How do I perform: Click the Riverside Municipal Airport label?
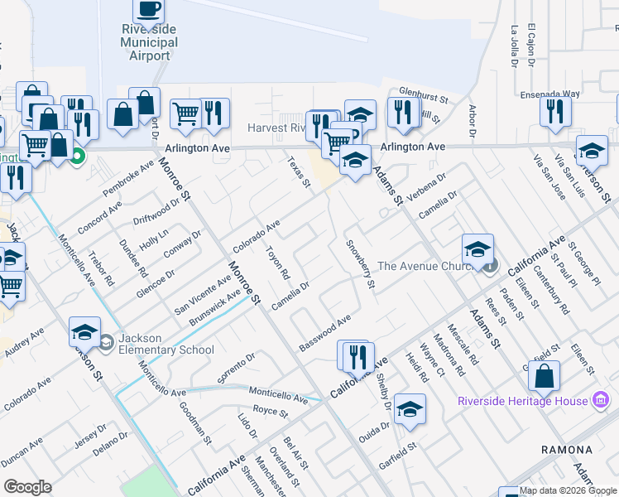click(150, 42)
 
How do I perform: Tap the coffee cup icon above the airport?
click(149, 9)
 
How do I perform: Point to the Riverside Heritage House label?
click(523, 402)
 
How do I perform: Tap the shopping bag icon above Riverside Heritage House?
click(545, 377)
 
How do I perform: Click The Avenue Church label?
click(425, 266)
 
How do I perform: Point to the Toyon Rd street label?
click(277, 262)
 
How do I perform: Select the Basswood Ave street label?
click(326, 332)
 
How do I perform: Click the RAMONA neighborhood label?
click(566, 449)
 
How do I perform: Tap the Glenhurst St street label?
click(423, 97)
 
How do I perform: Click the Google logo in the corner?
click(27, 487)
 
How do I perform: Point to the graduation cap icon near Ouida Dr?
click(410, 408)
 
